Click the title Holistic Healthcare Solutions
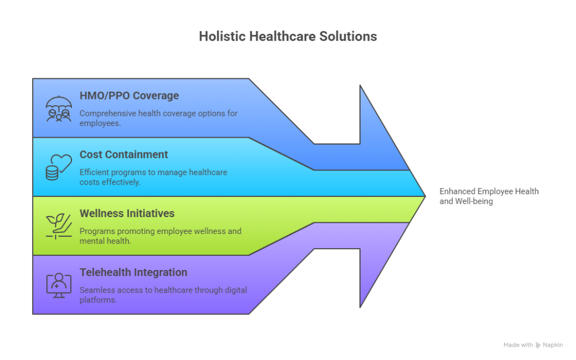287,37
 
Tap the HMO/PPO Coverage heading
129,96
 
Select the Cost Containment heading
124,155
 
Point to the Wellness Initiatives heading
127,214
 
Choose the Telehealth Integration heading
133,273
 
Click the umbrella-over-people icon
58,109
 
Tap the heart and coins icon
58,167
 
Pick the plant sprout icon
58,226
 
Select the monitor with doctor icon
58,285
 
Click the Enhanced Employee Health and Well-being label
489,196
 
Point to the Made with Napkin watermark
533,345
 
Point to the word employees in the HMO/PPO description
100,123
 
